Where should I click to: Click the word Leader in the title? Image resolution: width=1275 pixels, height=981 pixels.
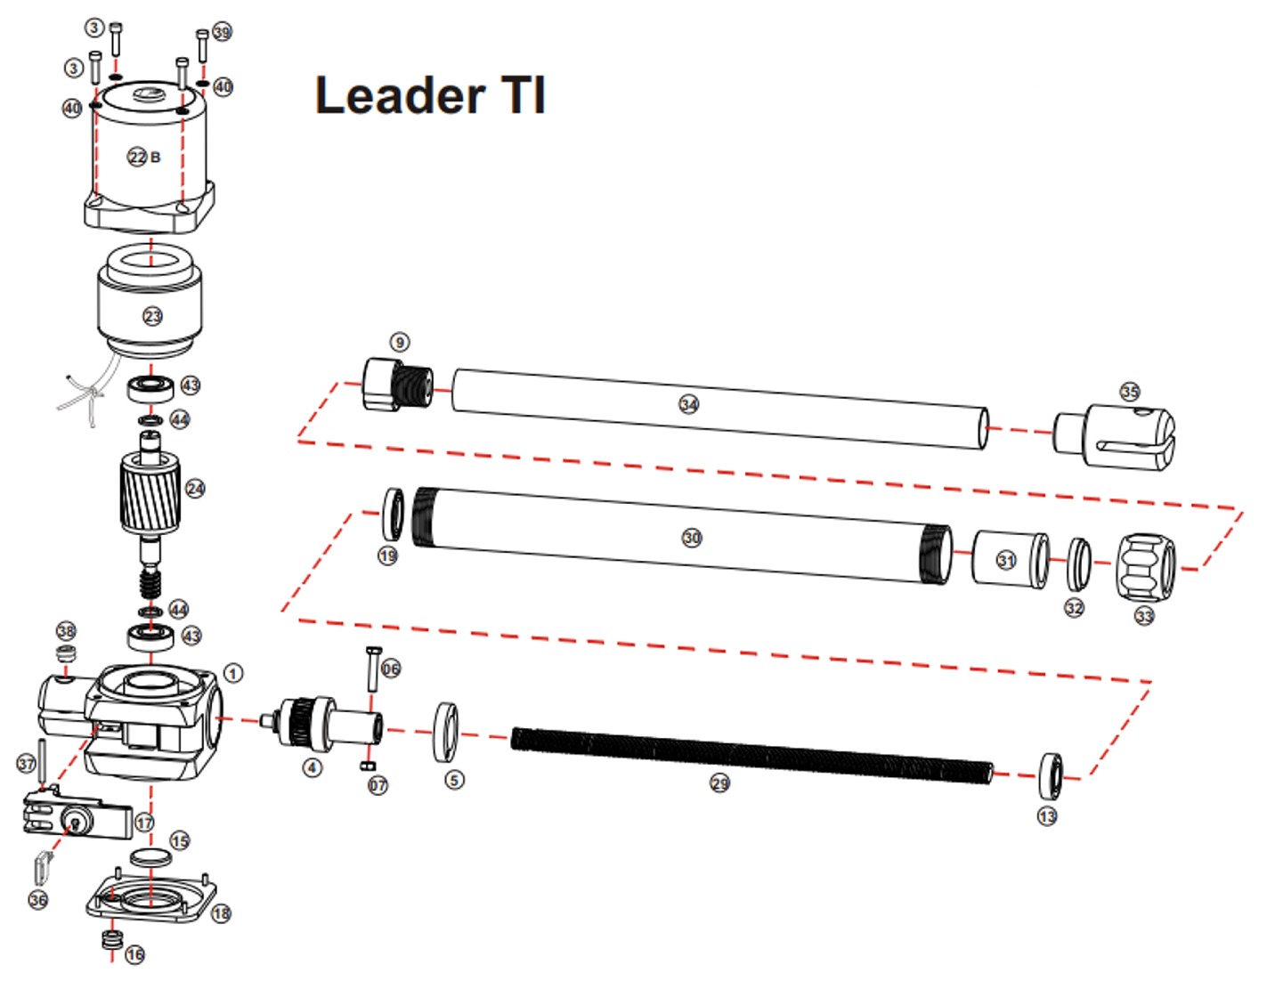(400, 95)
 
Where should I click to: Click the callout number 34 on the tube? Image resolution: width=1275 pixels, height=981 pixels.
(688, 404)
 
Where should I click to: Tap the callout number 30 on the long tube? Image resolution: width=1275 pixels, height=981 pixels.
(692, 538)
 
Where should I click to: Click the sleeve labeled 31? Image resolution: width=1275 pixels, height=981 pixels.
(1008, 559)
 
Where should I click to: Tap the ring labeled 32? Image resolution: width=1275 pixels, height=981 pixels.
(1078, 563)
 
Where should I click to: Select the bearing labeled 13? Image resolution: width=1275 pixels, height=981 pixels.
(1050, 775)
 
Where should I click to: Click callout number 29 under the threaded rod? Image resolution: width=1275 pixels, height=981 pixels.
(719, 783)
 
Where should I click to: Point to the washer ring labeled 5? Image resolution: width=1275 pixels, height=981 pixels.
(445, 732)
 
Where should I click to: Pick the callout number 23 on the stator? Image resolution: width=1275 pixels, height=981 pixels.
(153, 316)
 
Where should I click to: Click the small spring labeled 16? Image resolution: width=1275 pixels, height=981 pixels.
(112, 939)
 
